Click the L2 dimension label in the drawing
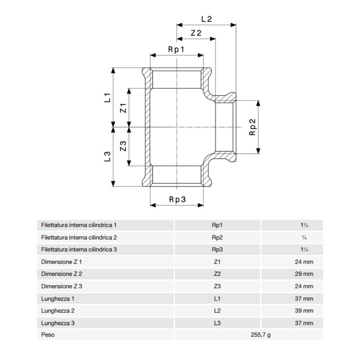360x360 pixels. tap(206, 19)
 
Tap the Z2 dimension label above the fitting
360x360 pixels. tap(196, 33)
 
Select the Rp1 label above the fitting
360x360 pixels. tap(176, 50)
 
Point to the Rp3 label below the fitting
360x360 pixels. tap(177, 199)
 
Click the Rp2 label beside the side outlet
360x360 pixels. tap(252, 127)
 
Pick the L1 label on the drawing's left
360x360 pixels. tap(107, 98)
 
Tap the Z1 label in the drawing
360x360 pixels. tap(123, 108)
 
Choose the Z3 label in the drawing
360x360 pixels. tap(123, 146)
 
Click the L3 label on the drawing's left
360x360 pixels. tap(107, 157)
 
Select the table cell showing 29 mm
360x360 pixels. tap(304, 274)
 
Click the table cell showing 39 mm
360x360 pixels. tap(304, 310)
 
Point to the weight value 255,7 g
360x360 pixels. tap(260, 335)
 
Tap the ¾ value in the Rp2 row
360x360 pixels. tap(304, 238)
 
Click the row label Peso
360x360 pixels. tap(48, 335)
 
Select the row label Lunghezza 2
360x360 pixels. tap(58, 310)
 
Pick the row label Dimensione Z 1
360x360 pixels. tap(61, 262)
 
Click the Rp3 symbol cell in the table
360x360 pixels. tap(217, 249)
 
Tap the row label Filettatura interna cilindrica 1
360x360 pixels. tap(79, 225)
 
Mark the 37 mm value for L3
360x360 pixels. tap(304, 323)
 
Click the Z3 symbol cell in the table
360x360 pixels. tap(217, 286)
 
